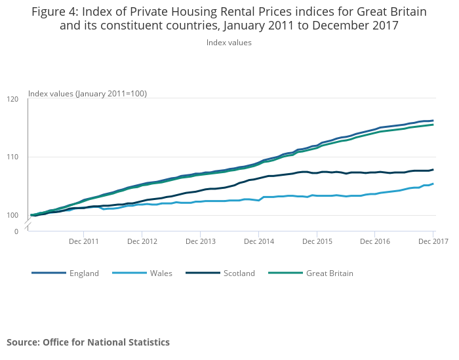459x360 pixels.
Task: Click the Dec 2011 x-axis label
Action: [x=84, y=241]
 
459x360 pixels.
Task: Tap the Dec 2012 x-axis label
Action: [x=142, y=241]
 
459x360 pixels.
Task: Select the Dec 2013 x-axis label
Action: [x=201, y=241]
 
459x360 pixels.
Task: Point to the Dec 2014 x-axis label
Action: [x=258, y=241]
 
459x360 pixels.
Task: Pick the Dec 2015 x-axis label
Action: [x=317, y=241]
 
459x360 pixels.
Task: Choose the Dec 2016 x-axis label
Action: [x=375, y=241]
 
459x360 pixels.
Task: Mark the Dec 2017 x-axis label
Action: [x=433, y=241]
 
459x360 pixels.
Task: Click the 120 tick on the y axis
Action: [x=13, y=99]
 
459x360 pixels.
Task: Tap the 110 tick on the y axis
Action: [x=13, y=157]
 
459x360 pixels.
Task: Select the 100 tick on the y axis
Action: [x=13, y=215]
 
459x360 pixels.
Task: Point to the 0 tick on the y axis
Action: [x=17, y=231]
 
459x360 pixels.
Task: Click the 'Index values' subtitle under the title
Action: [x=229, y=43]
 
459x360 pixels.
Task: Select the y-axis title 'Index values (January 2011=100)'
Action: [x=87, y=94]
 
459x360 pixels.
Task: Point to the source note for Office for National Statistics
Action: [x=88, y=342]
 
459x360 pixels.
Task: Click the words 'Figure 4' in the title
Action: [x=54, y=12]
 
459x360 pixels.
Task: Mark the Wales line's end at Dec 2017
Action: [x=433, y=184]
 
